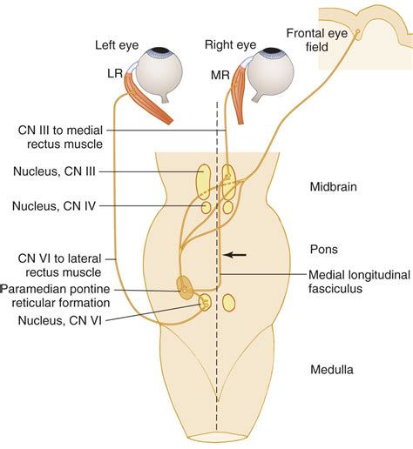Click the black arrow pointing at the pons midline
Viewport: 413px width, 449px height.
pyautogui.click(x=234, y=255)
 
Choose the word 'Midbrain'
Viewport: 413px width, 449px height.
pyautogui.click(x=335, y=187)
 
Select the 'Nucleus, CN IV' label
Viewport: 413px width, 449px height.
pyautogui.click(x=54, y=207)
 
